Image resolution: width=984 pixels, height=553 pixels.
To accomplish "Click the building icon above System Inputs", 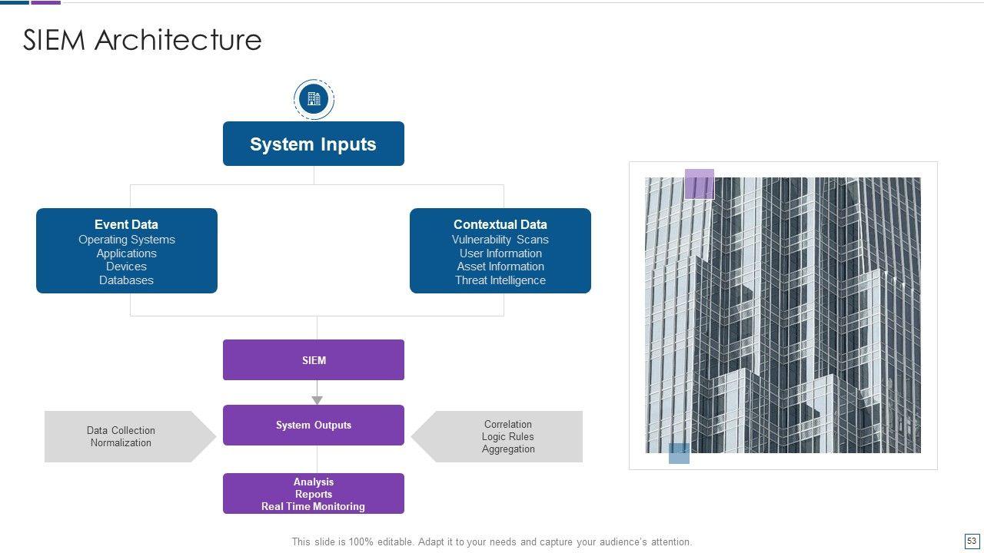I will (x=314, y=99).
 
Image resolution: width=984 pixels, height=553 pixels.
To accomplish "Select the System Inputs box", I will (x=313, y=144).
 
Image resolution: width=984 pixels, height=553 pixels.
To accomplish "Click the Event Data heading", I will (x=126, y=224).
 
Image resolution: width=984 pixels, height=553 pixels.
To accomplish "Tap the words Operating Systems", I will (x=126, y=240).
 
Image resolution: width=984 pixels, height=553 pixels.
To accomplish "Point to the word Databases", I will (x=126, y=280).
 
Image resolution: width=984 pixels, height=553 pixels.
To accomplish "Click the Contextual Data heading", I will (x=500, y=224).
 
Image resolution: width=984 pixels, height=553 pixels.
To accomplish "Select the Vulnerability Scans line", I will (x=500, y=240).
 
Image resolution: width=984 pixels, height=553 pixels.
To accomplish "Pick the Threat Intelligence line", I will (x=500, y=280).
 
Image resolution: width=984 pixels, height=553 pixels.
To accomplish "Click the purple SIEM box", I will (x=314, y=360).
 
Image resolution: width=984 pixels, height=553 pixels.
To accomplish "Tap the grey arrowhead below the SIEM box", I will (x=317, y=400).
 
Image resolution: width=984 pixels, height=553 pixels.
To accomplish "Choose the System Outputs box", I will (x=314, y=425).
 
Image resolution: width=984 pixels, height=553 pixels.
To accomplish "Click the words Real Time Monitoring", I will (x=313, y=507).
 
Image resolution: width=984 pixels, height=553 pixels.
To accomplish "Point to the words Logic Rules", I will (x=507, y=437).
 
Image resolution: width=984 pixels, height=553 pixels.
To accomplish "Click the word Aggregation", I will (x=507, y=449).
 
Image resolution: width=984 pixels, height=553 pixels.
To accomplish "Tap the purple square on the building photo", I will (x=699, y=184).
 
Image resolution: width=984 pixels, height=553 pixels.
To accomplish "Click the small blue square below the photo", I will (x=679, y=454).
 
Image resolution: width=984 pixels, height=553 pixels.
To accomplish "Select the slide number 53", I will (x=971, y=541).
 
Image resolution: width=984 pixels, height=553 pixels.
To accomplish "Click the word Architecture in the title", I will (x=178, y=40).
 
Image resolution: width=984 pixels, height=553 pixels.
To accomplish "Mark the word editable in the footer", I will (x=394, y=542).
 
